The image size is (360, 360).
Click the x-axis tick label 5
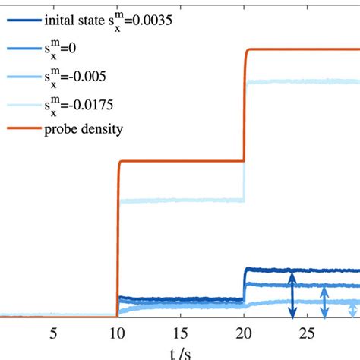tap(53, 333)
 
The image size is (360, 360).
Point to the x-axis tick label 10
tap(117, 333)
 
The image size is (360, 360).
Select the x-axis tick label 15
tap(180, 333)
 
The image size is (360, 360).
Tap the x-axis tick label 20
tap(243, 333)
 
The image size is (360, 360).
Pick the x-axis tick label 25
tap(307, 333)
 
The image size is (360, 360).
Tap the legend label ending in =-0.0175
tap(83, 103)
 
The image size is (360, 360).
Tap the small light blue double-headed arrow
tap(351, 309)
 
